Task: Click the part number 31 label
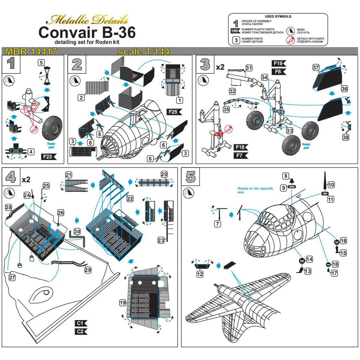(249, 67)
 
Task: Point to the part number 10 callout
(331, 185)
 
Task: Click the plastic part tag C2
(80, 331)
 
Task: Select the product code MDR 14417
(31, 52)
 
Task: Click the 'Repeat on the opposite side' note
(255, 191)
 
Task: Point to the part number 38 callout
(346, 137)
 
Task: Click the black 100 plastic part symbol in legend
(235, 31)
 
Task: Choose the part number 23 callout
(161, 240)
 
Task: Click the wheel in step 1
(52, 127)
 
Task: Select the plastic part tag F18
(240, 147)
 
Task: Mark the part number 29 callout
(88, 269)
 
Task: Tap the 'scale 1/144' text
(144, 52)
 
